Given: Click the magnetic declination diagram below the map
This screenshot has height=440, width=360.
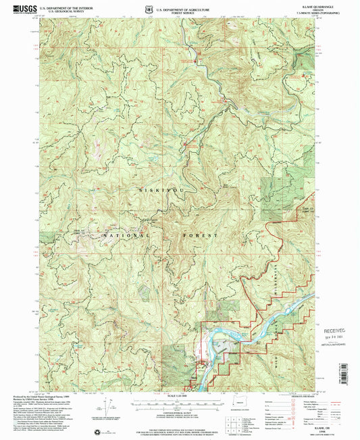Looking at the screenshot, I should [x=107, y=409].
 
